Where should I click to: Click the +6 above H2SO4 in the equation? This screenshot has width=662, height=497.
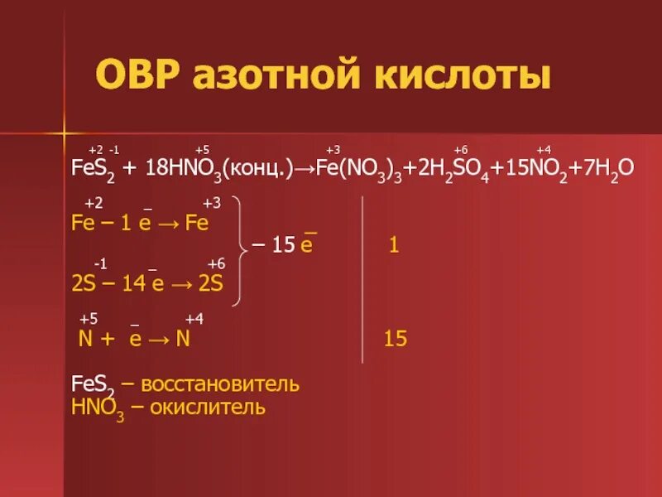click(x=461, y=149)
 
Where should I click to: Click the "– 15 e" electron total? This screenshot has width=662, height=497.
click(x=284, y=246)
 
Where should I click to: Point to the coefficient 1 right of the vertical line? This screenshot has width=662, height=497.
click(x=394, y=246)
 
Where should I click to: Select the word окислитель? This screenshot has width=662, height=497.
click(x=208, y=408)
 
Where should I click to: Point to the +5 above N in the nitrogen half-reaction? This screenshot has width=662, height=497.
click(x=89, y=319)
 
